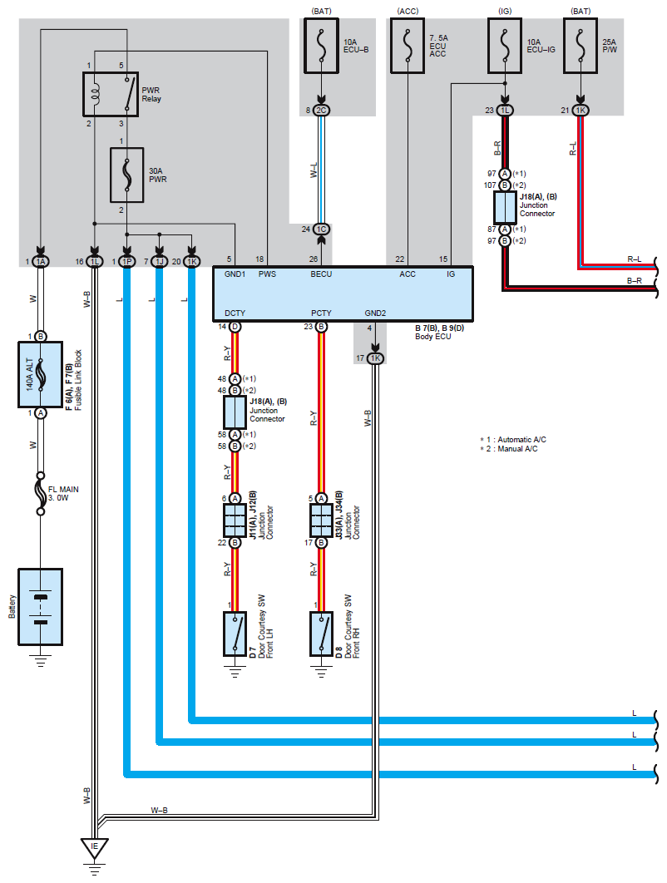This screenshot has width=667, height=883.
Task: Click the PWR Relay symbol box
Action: tap(111, 94)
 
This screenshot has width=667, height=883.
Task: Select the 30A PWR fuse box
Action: tap(126, 175)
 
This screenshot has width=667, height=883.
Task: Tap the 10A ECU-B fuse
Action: tap(321, 46)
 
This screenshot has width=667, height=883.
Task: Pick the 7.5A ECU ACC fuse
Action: tap(408, 46)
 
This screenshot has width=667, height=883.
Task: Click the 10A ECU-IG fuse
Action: tap(505, 46)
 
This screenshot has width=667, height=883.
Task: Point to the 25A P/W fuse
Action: tap(581, 46)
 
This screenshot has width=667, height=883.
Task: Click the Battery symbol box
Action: tap(41, 606)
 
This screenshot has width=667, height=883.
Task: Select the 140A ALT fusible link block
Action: tap(41, 374)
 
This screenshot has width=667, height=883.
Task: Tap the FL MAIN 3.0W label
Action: tap(63, 494)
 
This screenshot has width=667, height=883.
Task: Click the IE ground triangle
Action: tap(94, 847)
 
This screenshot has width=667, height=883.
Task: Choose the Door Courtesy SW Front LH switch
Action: tap(235, 634)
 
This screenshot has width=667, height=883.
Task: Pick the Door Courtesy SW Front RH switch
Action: tap(321, 634)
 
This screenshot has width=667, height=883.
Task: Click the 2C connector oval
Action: tap(321, 111)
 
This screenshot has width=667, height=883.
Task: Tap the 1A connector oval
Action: tap(41, 261)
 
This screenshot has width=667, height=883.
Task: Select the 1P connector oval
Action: tap(127, 261)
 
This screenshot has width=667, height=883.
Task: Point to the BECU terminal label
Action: tap(321, 274)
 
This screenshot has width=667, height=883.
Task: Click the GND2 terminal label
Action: tap(375, 313)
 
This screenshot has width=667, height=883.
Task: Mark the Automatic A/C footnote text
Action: tap(513, 439)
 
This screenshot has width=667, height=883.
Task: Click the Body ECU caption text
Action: tap(433, 336)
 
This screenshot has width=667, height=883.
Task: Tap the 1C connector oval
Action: tap(321, 229)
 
